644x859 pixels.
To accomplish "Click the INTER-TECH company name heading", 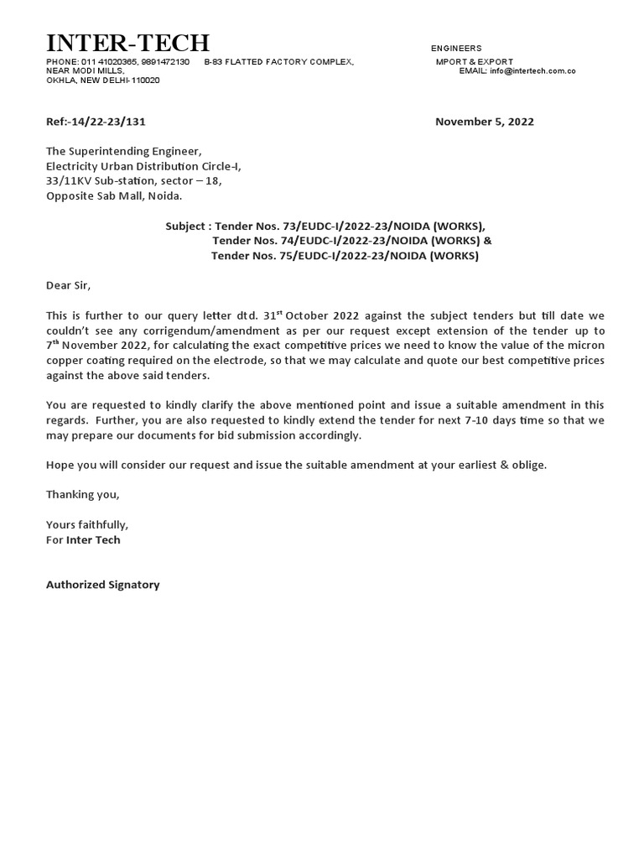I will tap(127, 43).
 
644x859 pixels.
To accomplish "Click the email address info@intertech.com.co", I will tap(533, 71).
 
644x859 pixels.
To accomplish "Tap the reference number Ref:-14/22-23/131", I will tap(96, 122).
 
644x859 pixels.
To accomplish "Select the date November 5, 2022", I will tap(484, 122).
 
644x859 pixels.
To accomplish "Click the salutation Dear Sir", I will tap(67, 285).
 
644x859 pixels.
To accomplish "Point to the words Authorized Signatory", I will tap(102, 585).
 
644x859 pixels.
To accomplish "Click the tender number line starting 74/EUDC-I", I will tap(352, 241).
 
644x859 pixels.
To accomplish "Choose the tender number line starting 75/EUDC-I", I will tap(345, 256).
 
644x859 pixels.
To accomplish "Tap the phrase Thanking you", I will tap(82, 494).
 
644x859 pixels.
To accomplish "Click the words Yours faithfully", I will tap(87, 524).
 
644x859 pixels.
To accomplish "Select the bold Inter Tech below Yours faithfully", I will tap(93, 539).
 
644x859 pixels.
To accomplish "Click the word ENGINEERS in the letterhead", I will tap(456, 49).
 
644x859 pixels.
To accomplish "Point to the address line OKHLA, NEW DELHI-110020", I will tap(102, 81).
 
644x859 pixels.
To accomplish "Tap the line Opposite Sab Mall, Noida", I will tap(113, 196).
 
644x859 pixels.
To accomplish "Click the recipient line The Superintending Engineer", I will tap(123, 151).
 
